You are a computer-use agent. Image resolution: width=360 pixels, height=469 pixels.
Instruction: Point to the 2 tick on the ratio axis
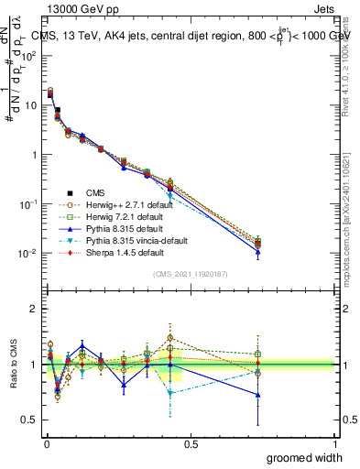click(x=35, y=309)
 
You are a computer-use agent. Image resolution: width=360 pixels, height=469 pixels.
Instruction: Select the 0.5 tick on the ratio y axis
click(x=30, y=420)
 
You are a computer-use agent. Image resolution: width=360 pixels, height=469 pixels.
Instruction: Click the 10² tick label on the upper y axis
click(x=29, y=56)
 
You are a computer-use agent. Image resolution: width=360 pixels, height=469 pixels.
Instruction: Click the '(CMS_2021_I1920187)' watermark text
click(x=191, y=274)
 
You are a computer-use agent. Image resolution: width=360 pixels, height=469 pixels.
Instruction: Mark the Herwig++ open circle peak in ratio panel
click(x=170, y=338)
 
